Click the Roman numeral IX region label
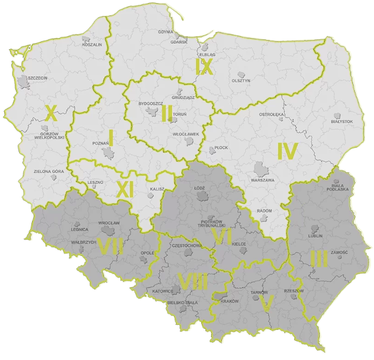click(x=204, y=66)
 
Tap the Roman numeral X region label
click(x=51, y=113)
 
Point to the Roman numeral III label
click(x=319, y=258)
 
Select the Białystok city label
click(x=342, y=122)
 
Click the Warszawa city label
click(x=262, y=180)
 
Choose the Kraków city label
click(x=229, y=302)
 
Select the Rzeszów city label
click(x=294, y=291)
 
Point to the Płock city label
click(x=221, y=148)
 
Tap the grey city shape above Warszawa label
click(x=261, y=169)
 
